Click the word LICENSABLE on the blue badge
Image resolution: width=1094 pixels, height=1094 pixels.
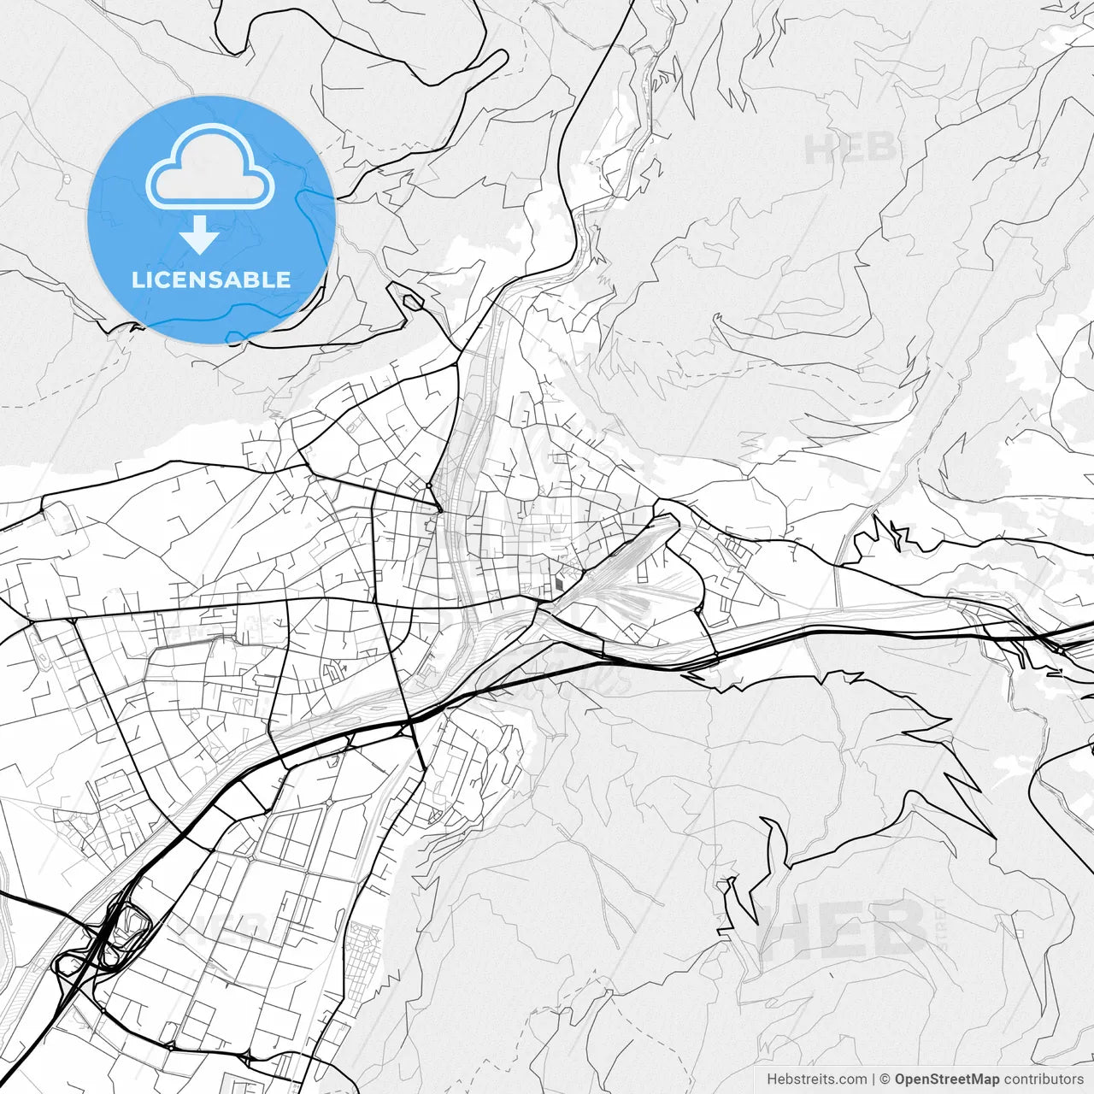click(210, 279)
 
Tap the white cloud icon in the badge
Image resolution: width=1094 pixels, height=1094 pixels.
click(210, 167)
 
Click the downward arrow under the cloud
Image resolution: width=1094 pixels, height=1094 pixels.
click(200, 235)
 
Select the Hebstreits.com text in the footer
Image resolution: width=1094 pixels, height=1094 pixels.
click(816, 1079)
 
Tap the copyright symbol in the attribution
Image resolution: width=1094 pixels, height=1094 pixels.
click(885, 1079)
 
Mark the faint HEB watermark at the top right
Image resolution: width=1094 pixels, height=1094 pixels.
click(850, 149)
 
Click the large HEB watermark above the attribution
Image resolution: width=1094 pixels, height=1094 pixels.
click(842, 930)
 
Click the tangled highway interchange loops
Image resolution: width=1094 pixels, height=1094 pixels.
click(107, 940)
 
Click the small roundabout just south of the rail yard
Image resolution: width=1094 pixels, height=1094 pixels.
click(699, 610)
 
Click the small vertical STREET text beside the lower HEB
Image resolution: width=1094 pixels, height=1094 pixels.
click(940, 923)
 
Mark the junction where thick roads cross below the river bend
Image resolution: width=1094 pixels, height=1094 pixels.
click(411, 723)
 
